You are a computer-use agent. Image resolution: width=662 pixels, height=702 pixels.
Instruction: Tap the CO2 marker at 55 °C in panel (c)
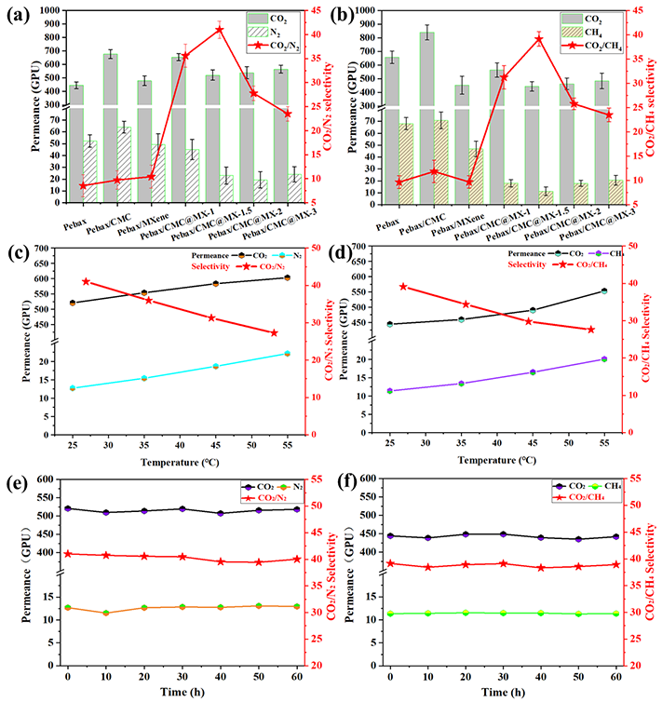(287, 277)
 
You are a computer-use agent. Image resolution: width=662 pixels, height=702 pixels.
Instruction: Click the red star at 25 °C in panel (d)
(403, 287)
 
